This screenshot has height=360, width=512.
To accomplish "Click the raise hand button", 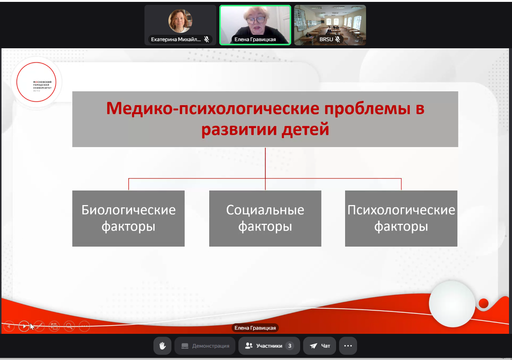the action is click(x=162, y=346).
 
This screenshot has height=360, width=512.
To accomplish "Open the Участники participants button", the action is click(x=269, y=346).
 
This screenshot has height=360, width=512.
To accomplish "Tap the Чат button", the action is click(x=320, y=346).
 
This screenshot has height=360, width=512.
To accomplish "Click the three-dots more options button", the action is click(x=348, y=346).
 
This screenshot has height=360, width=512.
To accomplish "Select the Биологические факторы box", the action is click(x=128, y=218).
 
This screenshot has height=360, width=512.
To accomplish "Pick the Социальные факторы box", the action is click(x=265, y=218).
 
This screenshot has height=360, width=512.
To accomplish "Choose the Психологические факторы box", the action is click(x=401, y=218).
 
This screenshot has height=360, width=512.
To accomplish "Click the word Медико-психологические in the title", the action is click(x=213, y=109).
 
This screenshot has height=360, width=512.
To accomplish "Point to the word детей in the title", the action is click(x=305, y=129).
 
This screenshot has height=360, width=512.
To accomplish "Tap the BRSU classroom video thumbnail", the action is click(x=330, y=25).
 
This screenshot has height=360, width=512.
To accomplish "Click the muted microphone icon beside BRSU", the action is click(x=338, y=39).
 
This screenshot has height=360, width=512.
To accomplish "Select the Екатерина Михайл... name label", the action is click(x=176, y=39).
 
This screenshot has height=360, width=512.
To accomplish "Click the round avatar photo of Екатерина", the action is click(x=180, y=21).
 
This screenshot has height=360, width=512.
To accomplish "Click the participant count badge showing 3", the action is click(x=290, y=346).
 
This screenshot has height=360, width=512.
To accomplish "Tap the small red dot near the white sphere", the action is click(x=484, y=303).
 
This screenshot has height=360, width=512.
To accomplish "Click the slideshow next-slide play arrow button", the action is click(x=24, y=326).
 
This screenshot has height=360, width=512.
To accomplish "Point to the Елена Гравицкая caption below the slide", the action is click(x=255, y=328).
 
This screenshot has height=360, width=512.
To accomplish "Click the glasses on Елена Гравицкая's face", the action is click(x=255, y=20).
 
